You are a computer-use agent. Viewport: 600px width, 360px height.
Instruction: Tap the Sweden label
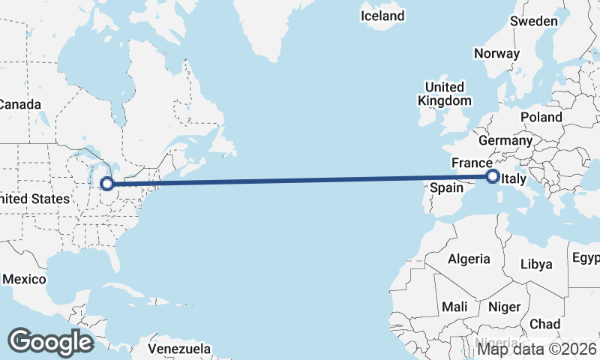(x=534, y=21)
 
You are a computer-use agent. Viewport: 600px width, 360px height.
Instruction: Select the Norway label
(x=496, y=53)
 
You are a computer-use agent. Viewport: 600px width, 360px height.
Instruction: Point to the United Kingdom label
(x=445, y=94)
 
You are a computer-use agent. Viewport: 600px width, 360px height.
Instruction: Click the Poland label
(x=541, y=117)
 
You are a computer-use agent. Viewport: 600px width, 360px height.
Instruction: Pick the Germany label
(x=505, y=140)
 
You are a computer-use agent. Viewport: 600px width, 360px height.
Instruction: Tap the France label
(x=471, y=163)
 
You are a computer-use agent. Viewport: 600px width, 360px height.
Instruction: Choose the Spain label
(x=446, y=187)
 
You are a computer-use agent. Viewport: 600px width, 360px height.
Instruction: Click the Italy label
(x=514, y=179)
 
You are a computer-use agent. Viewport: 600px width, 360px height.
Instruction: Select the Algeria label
(x=469, y=259)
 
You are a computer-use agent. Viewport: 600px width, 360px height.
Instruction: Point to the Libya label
(x=536, y=264)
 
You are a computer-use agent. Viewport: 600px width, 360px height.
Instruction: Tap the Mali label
(x=454, y=307)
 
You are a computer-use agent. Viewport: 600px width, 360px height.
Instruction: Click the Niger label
(x=503, y=307)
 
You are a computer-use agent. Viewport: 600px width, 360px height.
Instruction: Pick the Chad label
(x=544, y=324)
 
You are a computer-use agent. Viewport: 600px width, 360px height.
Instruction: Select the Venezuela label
(x=178, y=349)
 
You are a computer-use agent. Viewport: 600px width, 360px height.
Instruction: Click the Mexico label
(x=24, y=279)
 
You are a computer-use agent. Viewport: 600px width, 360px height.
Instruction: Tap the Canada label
(x=19, y=104)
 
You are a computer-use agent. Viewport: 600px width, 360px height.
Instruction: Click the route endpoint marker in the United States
(x=107, y=183)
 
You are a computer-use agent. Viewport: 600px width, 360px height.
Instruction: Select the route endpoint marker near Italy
(x=493, y=177)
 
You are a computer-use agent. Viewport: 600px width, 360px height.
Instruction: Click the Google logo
(x=50, y=342)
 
